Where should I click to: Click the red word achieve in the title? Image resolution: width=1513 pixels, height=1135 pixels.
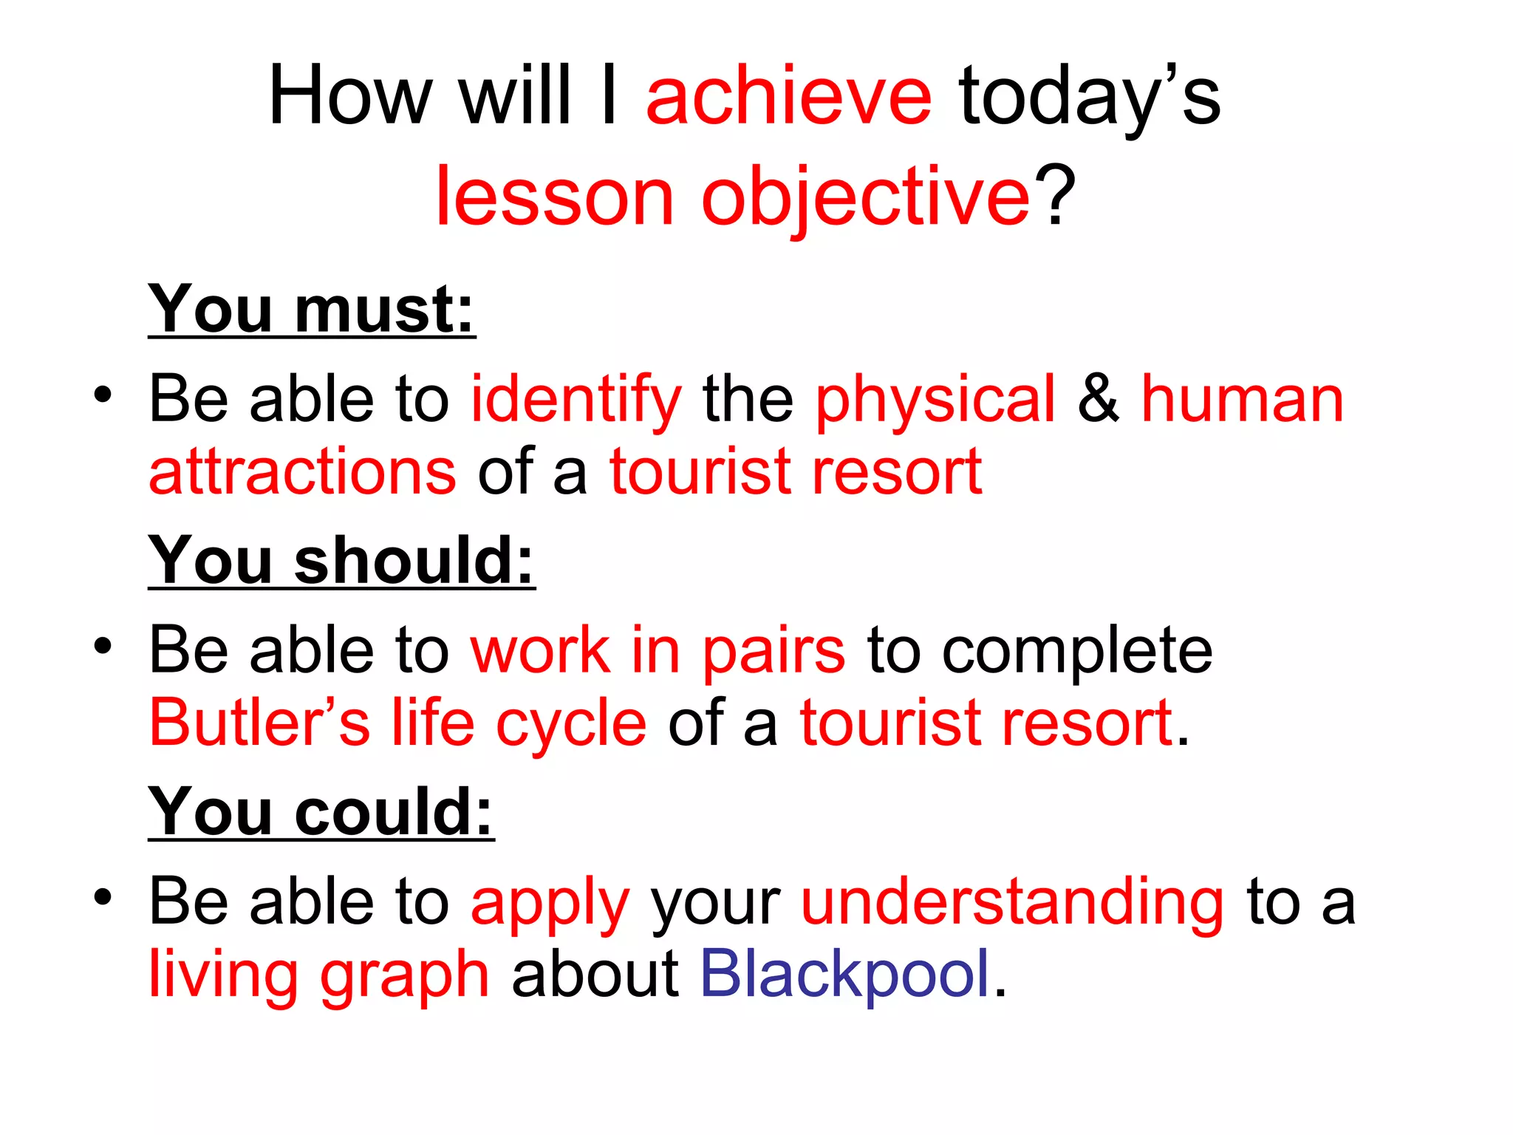(x=788, y=98)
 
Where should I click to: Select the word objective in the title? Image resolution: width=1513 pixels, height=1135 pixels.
(x=865, y=198)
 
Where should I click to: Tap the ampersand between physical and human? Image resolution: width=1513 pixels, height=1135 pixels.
(x=1098, y=400)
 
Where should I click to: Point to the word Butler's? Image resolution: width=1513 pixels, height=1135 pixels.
(x=259, y=722)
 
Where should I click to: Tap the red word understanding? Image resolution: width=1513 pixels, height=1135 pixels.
(x=1013, y=901)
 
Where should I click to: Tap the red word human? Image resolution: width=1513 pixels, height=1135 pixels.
(x=1243, y=400)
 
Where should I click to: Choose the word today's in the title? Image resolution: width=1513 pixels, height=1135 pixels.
(x=1089, y=98)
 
